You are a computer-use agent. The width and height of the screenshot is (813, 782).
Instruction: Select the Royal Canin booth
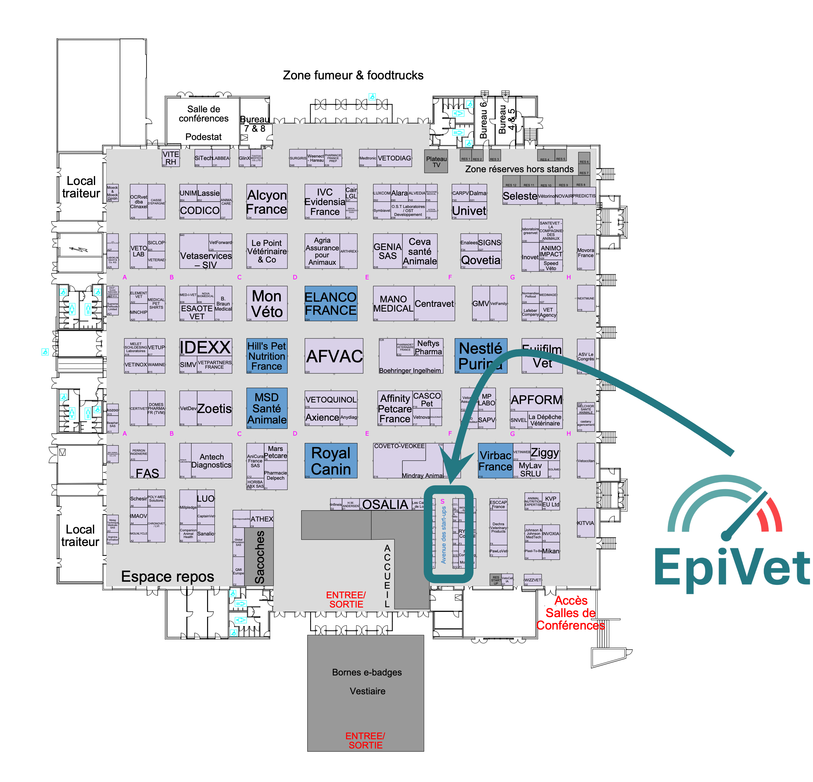pos(331,461)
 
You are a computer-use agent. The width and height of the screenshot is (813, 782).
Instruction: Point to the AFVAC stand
pos(334,356)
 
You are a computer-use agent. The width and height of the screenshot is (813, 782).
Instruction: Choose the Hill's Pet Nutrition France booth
pos(267,356)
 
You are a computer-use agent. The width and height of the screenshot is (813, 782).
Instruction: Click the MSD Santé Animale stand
pos(267,409)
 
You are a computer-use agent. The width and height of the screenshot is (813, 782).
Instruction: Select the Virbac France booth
pos(495,461)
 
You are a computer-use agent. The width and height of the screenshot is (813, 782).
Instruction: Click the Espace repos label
pos(168,576)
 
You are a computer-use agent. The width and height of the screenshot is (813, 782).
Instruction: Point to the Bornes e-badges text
pos(367,672)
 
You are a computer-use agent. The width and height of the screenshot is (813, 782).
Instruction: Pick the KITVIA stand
pos(585,523)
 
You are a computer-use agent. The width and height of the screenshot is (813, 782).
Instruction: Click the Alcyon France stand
pos(267,202)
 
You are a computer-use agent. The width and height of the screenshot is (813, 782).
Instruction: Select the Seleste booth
pos(520,196)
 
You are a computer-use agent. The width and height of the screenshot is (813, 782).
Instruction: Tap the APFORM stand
pos(536,400)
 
